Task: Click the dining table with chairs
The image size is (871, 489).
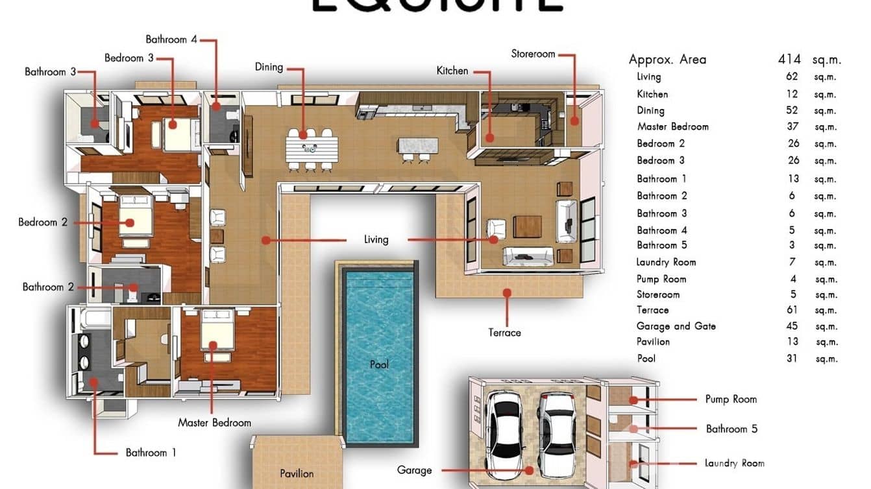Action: (x=311, y=149)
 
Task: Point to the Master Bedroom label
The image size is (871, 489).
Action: (x=214, y=423)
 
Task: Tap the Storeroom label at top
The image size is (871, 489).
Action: (x=533, y=54)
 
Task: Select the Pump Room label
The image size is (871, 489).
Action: (x=731, y=400)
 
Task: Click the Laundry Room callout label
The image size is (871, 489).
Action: (x=734, y=463)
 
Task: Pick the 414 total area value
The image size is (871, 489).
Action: (x=789, y=60)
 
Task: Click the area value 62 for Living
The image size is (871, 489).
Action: (x=792, y=77)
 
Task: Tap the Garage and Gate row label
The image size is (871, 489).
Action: (x=676, y=326)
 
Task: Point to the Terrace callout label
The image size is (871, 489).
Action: (x=504, y=333)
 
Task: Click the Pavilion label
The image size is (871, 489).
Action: (x=297, y=474)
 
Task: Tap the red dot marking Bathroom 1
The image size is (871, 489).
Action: (x=93, y=382)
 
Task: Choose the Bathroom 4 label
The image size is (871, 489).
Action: (x=171, y=40)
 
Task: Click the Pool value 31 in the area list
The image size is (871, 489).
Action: (x=792, y=358)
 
